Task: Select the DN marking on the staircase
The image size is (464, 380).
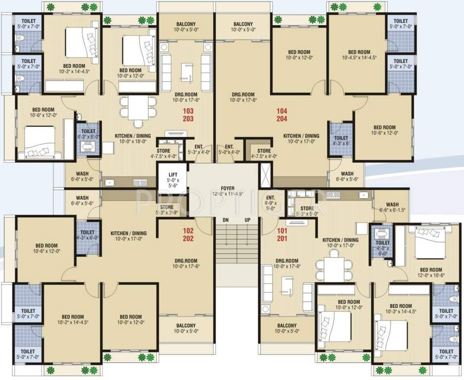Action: (226, 220)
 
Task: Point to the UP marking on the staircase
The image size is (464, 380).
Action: (247, 220)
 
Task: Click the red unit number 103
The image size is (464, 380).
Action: (188, 111)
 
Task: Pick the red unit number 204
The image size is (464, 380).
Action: (282, 119)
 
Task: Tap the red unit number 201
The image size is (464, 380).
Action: (282, 238)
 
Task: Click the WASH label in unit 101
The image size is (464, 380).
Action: (392, 204)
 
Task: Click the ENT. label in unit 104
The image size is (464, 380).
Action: (229, 147)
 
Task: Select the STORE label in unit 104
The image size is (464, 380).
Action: (264, 151)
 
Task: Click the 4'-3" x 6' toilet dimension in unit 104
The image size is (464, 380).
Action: (341, 144)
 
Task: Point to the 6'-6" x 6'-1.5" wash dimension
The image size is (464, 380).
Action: (392, 210)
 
